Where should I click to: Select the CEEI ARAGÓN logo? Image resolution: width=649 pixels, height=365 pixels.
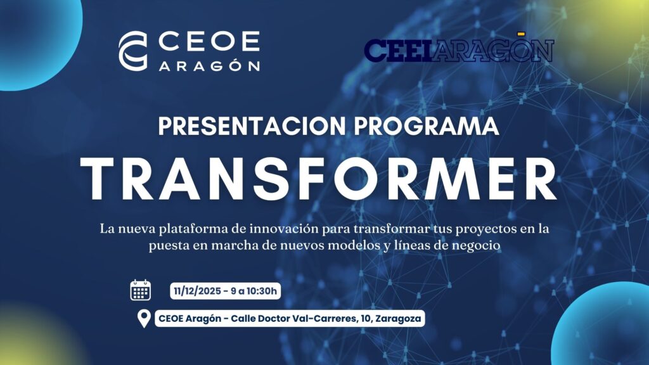click(x=459, y=51)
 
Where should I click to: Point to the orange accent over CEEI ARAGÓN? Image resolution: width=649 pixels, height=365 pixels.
click(x=521, y=33)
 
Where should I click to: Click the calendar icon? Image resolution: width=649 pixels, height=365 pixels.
click(x=141, y=290)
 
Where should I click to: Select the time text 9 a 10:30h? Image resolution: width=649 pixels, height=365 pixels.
click(x=254, y=291)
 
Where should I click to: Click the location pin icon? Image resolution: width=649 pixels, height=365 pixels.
click(x=144, y=318)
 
